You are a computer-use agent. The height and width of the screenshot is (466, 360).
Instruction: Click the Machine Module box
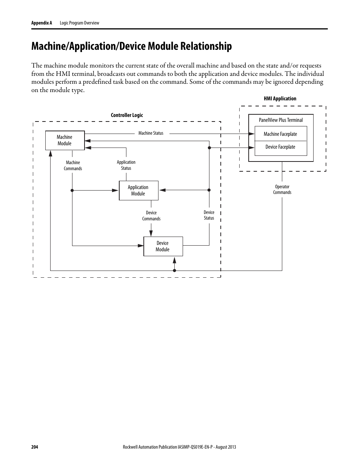[65, 140]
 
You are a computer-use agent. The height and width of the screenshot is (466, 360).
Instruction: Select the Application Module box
[138, 191]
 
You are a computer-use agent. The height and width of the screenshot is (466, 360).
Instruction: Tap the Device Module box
[163, 246]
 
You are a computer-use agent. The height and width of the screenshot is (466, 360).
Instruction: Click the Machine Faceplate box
[280, 134]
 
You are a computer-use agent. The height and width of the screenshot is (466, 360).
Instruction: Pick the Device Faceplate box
[280, 147]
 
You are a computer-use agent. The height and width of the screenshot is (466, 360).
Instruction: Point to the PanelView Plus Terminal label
[281, 120]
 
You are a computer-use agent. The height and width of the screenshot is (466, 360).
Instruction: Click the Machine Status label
[151, 133]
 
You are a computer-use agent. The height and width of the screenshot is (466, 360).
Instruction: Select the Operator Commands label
[282, 189]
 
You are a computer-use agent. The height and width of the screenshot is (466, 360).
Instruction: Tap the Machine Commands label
[73, 166]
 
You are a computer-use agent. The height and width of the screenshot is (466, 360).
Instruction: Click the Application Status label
[126, 165]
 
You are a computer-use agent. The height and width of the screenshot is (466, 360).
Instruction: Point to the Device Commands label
[151, 216]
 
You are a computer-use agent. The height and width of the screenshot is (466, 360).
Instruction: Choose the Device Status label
[209, 215]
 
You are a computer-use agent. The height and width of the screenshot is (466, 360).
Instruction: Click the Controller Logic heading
[127, 115]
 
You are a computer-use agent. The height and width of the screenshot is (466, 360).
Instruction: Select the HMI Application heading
[280, 98]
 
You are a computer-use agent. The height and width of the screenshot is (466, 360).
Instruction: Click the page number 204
[35, 447]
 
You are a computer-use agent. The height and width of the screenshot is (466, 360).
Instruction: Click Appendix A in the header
[42, 23]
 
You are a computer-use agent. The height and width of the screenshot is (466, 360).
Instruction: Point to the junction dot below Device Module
[174, 271]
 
